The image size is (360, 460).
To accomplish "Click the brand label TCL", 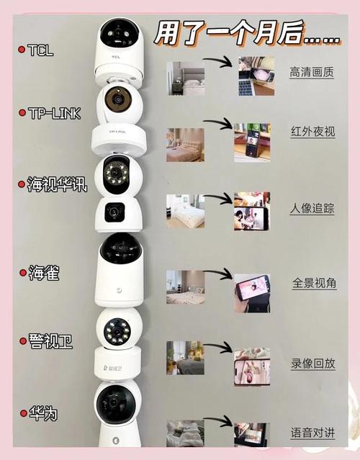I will [x=40, y=50].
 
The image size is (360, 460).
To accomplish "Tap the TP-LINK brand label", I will [x=56, y=113].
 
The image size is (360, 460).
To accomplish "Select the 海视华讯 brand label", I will [x=57, y=186].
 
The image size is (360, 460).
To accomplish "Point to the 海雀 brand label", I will [x=44, y=273].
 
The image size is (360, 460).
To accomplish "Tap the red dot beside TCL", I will [x=22, y=50].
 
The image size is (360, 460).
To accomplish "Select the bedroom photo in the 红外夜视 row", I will [x=185, y=145].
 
